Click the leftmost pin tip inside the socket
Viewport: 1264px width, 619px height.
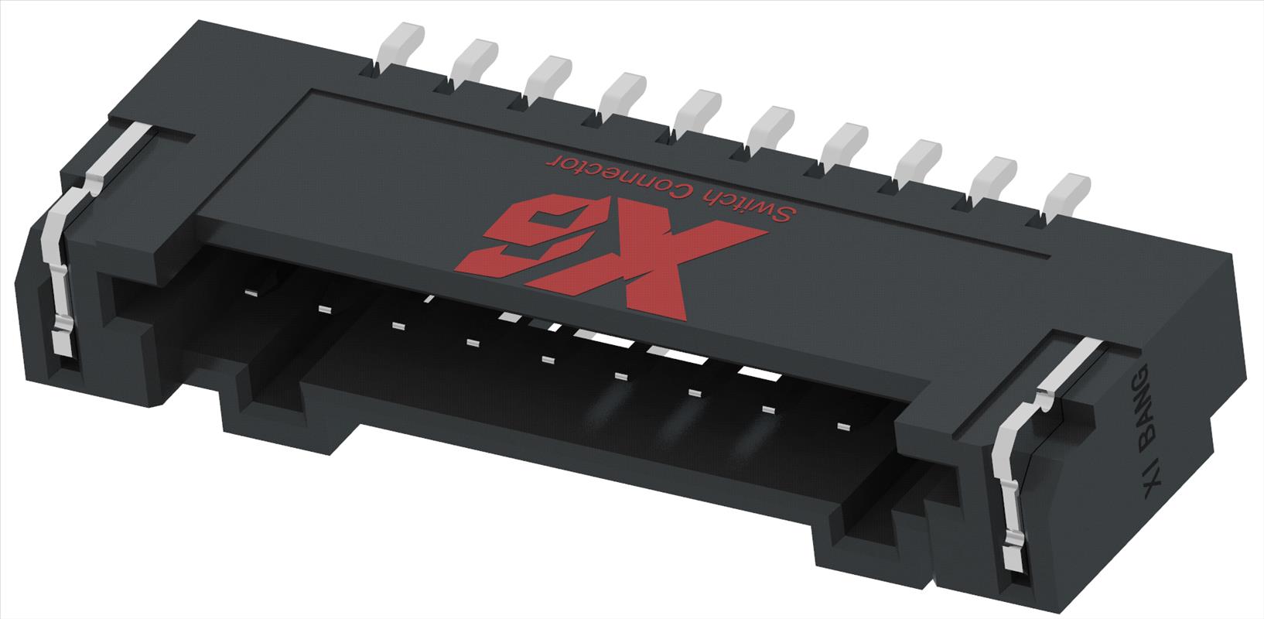click(x=251, y=292)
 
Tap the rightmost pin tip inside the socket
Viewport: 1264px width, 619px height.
click(x=842, y=426)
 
